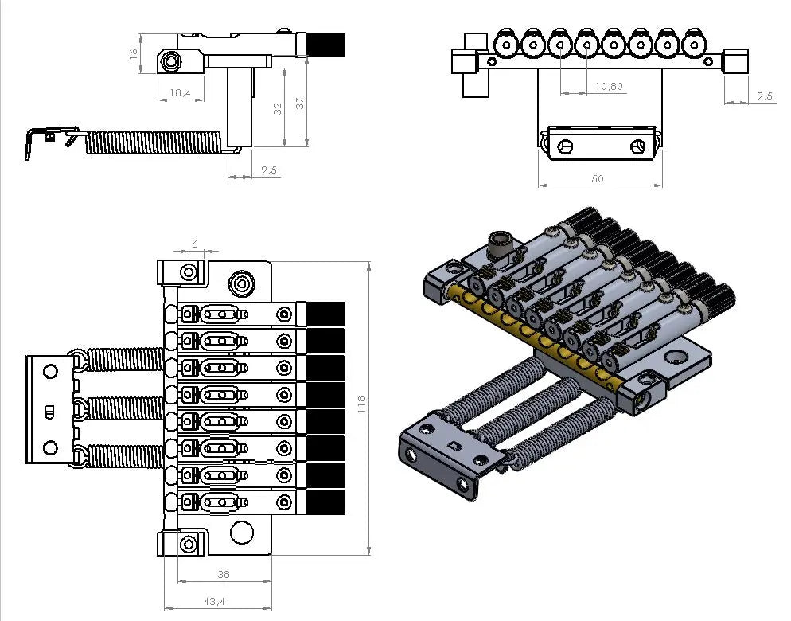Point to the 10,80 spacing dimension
tap(609, 86)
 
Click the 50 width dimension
tap(597, 178)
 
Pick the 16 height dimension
tap(134, 53)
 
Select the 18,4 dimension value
tap(180, 93)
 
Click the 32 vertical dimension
tap(278, 107)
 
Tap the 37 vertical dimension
tap(300, 103)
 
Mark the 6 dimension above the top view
tap(194, 244)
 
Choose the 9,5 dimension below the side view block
tap(268, 170)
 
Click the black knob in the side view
tap(326, 45)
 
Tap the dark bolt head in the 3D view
tap(499, 244)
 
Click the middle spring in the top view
tap(123, 408)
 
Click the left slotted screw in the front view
tap(566, 146)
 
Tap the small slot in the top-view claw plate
tap(49, 411)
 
